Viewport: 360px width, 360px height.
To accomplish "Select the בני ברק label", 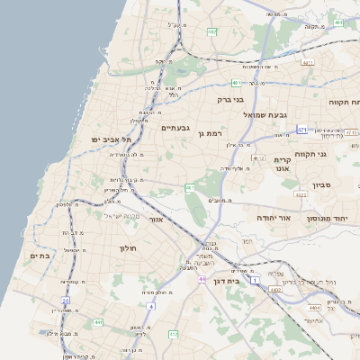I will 231,100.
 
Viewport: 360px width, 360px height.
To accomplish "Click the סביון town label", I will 322,184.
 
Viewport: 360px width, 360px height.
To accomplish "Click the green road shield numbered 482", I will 212,32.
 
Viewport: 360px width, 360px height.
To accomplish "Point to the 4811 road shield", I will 309,63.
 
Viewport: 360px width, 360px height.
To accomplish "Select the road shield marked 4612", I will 259,158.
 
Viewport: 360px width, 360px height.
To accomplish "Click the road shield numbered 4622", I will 301,193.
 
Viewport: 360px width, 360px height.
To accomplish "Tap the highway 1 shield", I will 255,281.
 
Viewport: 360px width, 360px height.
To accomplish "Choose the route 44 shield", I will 202,279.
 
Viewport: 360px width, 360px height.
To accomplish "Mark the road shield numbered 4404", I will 337,308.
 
